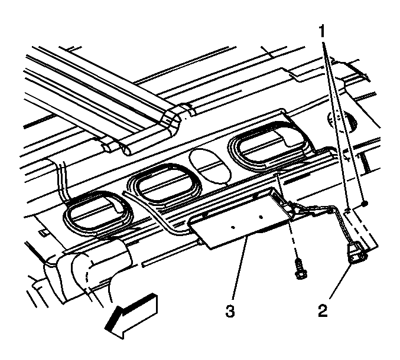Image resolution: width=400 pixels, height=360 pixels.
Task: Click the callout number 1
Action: point(322,32)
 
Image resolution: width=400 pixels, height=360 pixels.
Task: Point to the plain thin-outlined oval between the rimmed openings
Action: point(210,166)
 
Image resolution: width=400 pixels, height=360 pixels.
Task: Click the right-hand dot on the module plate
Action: point(261,217)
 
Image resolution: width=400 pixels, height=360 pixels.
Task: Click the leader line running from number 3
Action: point(240,268)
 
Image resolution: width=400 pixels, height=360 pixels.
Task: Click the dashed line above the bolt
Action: point(293,240)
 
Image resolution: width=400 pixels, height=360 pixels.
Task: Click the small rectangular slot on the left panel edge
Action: point(44,232)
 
